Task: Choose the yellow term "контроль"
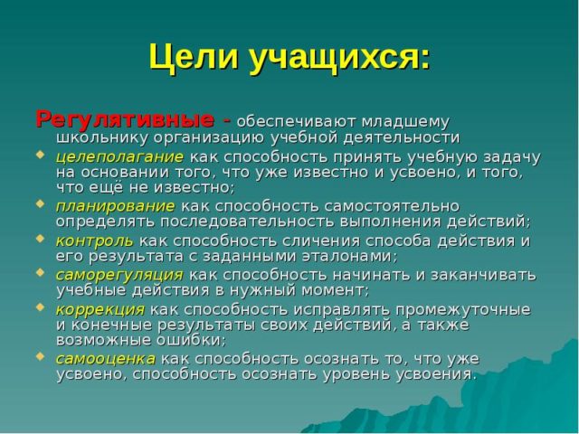(94, 240)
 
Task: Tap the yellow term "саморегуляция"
(119, 274)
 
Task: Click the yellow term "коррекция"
(100, 308)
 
